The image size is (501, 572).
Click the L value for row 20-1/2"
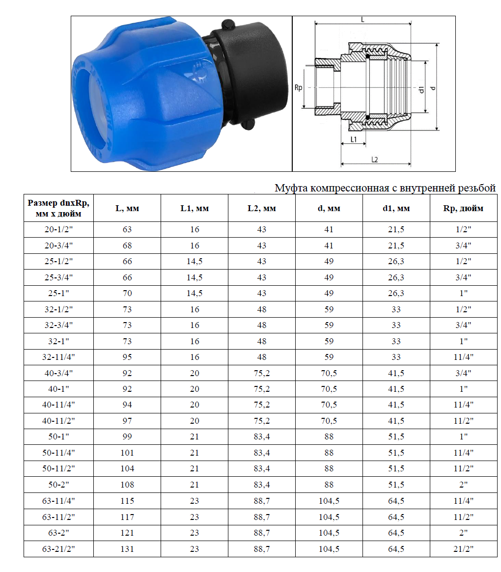pos(127,230)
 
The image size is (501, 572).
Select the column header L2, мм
pos(261,208)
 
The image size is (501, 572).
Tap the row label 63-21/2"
pos(58,549)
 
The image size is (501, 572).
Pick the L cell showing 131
pos(127,549)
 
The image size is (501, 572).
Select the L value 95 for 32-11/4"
pos(127,357)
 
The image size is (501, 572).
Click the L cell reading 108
pos(127,485)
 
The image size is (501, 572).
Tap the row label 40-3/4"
pos(58,373)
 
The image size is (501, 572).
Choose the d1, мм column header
pos(396,208)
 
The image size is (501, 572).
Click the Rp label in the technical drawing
pos(298,88)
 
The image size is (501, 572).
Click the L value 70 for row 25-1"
pos(127,293)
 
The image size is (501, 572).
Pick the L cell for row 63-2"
pos(127,533)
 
